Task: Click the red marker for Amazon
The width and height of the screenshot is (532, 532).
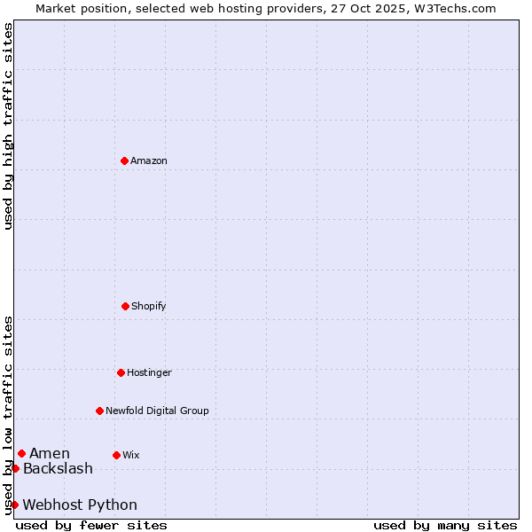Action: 124,160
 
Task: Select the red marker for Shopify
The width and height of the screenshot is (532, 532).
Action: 125,306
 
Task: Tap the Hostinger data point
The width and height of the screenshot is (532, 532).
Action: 121,372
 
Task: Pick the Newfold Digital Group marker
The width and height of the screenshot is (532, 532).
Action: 99,411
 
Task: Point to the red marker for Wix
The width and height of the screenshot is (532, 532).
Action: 116,455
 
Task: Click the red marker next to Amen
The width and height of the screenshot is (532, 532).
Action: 21,454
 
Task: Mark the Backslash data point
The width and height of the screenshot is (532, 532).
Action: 15,468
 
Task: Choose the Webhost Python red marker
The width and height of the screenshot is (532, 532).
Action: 14,505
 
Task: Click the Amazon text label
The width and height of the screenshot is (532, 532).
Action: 149,160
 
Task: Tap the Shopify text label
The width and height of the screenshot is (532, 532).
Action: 149,306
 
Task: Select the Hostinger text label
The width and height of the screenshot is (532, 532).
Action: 149,372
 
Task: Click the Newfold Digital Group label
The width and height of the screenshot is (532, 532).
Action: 157,411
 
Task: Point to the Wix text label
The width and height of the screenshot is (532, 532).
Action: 131,455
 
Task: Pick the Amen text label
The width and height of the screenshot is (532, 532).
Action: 50,454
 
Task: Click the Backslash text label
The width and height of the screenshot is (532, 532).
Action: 58,468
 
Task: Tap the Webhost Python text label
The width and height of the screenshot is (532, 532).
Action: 80,505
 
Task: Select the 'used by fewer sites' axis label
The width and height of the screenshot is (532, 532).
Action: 91,525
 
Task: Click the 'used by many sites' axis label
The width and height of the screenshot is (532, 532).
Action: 445,525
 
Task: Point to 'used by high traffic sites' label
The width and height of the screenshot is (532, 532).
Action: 8,126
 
